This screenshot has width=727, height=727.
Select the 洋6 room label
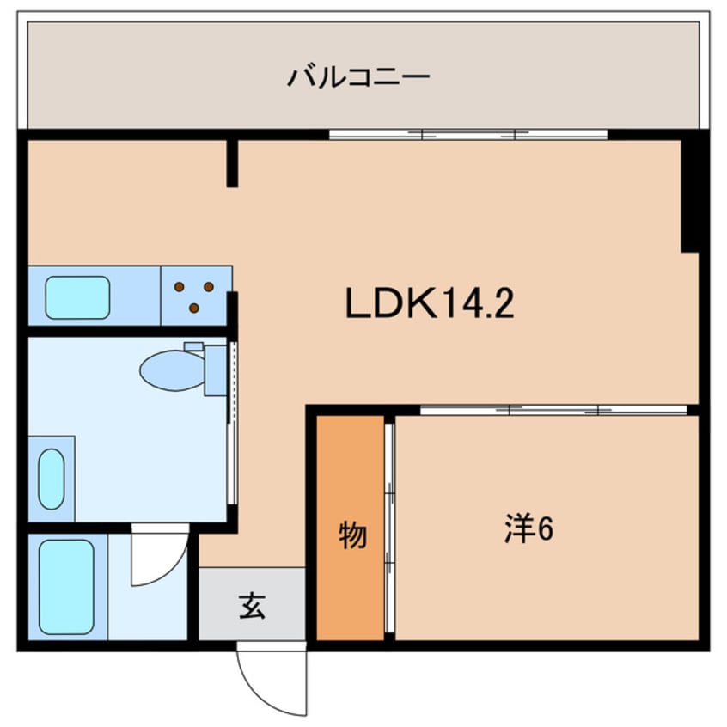tap(528, 529)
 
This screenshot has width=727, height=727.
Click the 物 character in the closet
tap(351, 535)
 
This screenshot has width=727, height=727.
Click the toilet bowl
tap(171, 370)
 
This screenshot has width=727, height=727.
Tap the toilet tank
tap(215, 370)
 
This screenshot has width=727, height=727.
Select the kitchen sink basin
tap(77, 297)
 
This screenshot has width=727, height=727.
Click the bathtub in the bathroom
tap(66, 587)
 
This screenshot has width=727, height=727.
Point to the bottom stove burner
tap(193, 308)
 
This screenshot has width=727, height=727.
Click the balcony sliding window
tap(467, 134)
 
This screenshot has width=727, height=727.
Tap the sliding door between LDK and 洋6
tap(553, 410)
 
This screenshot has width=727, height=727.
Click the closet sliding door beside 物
tap(389, 529)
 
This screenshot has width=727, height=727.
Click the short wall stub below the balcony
tap(231, 163)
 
